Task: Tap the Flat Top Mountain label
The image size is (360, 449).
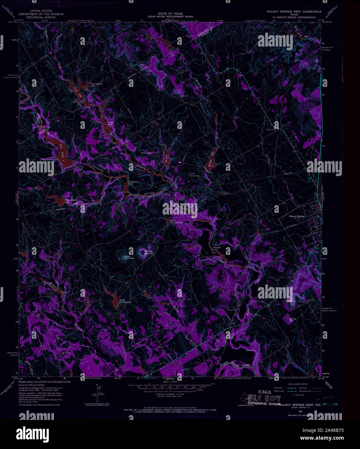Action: pos(149,253)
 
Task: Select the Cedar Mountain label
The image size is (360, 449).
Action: pos(129,258)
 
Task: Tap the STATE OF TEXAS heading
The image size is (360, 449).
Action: pos(170,14)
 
